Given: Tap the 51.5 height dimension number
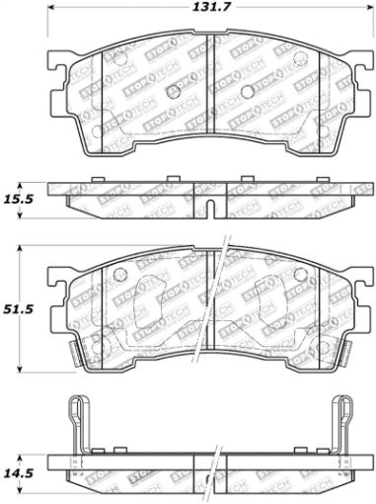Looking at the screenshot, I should click(x=18, y=309).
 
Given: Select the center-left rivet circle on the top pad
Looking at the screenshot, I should click(x=174, y=92).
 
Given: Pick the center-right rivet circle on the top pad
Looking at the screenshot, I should click(x=244, y=92).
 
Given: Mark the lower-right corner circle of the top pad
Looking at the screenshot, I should click(x=318, y=129).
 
